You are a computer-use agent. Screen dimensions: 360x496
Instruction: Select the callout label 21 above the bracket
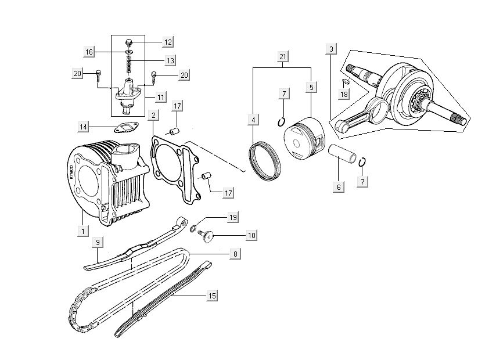(x=283, y=57)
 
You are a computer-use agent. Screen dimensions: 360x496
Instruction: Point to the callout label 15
(x=213, y=296)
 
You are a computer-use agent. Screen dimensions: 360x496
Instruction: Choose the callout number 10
(x=251, y=236)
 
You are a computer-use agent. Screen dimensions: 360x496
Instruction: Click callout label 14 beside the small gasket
(x=84, y=126)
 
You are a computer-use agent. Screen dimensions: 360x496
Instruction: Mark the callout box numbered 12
(x=167, y=42)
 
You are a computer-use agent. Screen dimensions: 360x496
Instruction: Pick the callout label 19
(x=233, y=218)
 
